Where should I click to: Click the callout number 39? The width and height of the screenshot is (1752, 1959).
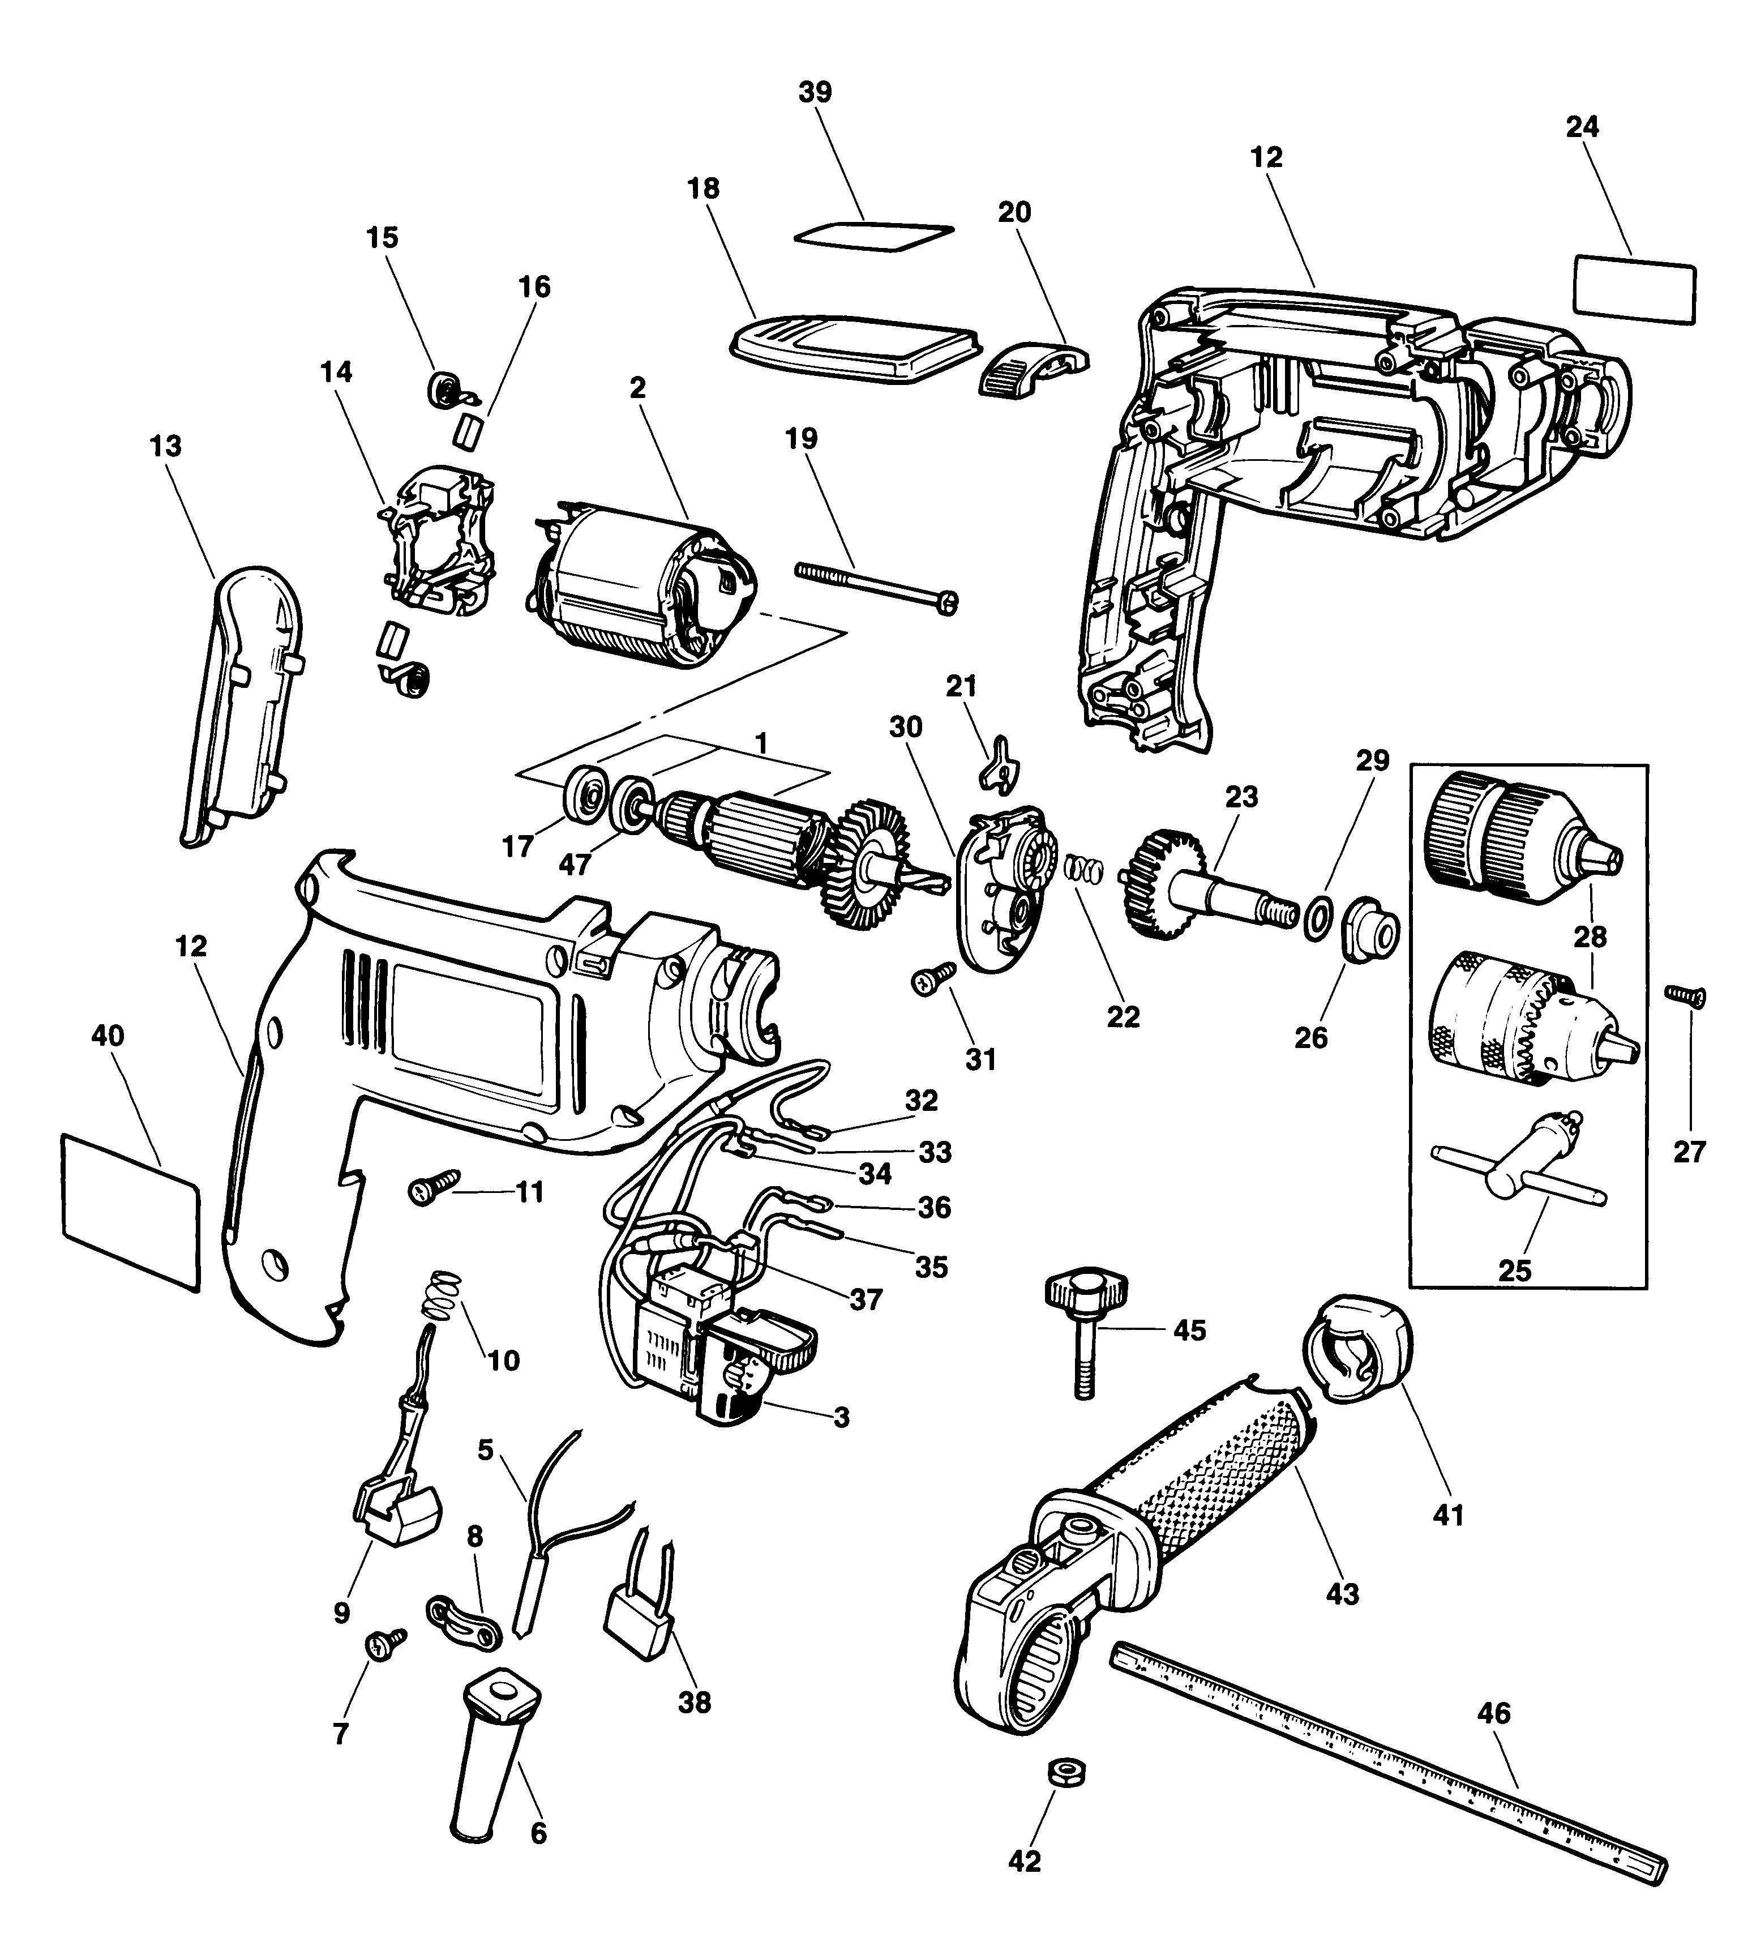[815, 92]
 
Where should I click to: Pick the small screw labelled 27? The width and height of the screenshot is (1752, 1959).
[1686, 996]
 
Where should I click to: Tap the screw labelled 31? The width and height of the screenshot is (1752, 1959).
[931, 980]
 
